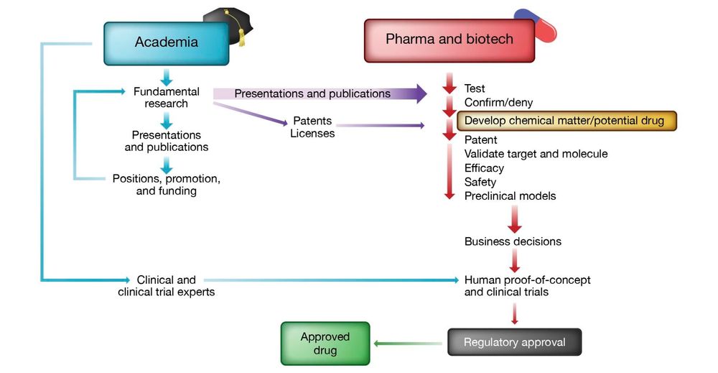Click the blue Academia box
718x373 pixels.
(166, 42)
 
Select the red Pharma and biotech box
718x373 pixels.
(449, 40)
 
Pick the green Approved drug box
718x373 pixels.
(325, 344)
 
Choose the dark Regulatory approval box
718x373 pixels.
(514, 342)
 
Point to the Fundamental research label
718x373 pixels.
(166, 98)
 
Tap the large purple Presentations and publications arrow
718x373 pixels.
(323, 93)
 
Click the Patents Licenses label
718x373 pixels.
(312, 127)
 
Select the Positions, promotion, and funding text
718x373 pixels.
(166, 185)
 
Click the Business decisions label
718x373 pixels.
(513, 241)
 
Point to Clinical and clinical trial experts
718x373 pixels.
(166, 286)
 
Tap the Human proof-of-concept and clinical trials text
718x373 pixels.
(527, 286)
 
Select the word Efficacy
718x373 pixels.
(484, 168)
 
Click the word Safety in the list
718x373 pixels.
(480, 182)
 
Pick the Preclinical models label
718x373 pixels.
(510, 196)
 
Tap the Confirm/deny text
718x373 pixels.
(498, 103)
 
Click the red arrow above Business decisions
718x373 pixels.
(514, 218)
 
